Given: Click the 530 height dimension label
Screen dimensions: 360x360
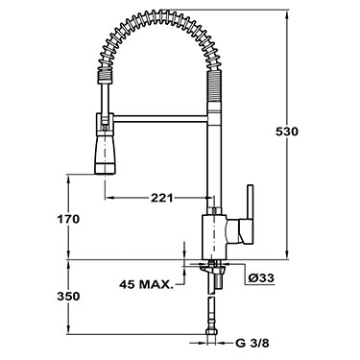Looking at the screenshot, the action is [287, 132].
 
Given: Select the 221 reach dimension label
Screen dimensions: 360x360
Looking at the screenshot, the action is [161, 198].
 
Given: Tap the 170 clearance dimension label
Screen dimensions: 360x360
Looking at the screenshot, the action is [68, 220].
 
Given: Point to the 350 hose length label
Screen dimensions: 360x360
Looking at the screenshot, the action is [68, 297].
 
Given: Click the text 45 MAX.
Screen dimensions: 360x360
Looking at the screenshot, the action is [146, 284].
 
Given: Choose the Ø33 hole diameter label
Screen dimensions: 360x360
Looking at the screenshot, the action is [261, 278].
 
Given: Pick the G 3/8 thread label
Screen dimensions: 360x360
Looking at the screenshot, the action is [252, 344].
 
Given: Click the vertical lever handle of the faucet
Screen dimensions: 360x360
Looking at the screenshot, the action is [250, 215].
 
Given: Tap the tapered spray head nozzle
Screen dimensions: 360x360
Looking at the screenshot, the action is [105, 153].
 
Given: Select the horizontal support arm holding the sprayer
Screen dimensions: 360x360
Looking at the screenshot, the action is [160, 119].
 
